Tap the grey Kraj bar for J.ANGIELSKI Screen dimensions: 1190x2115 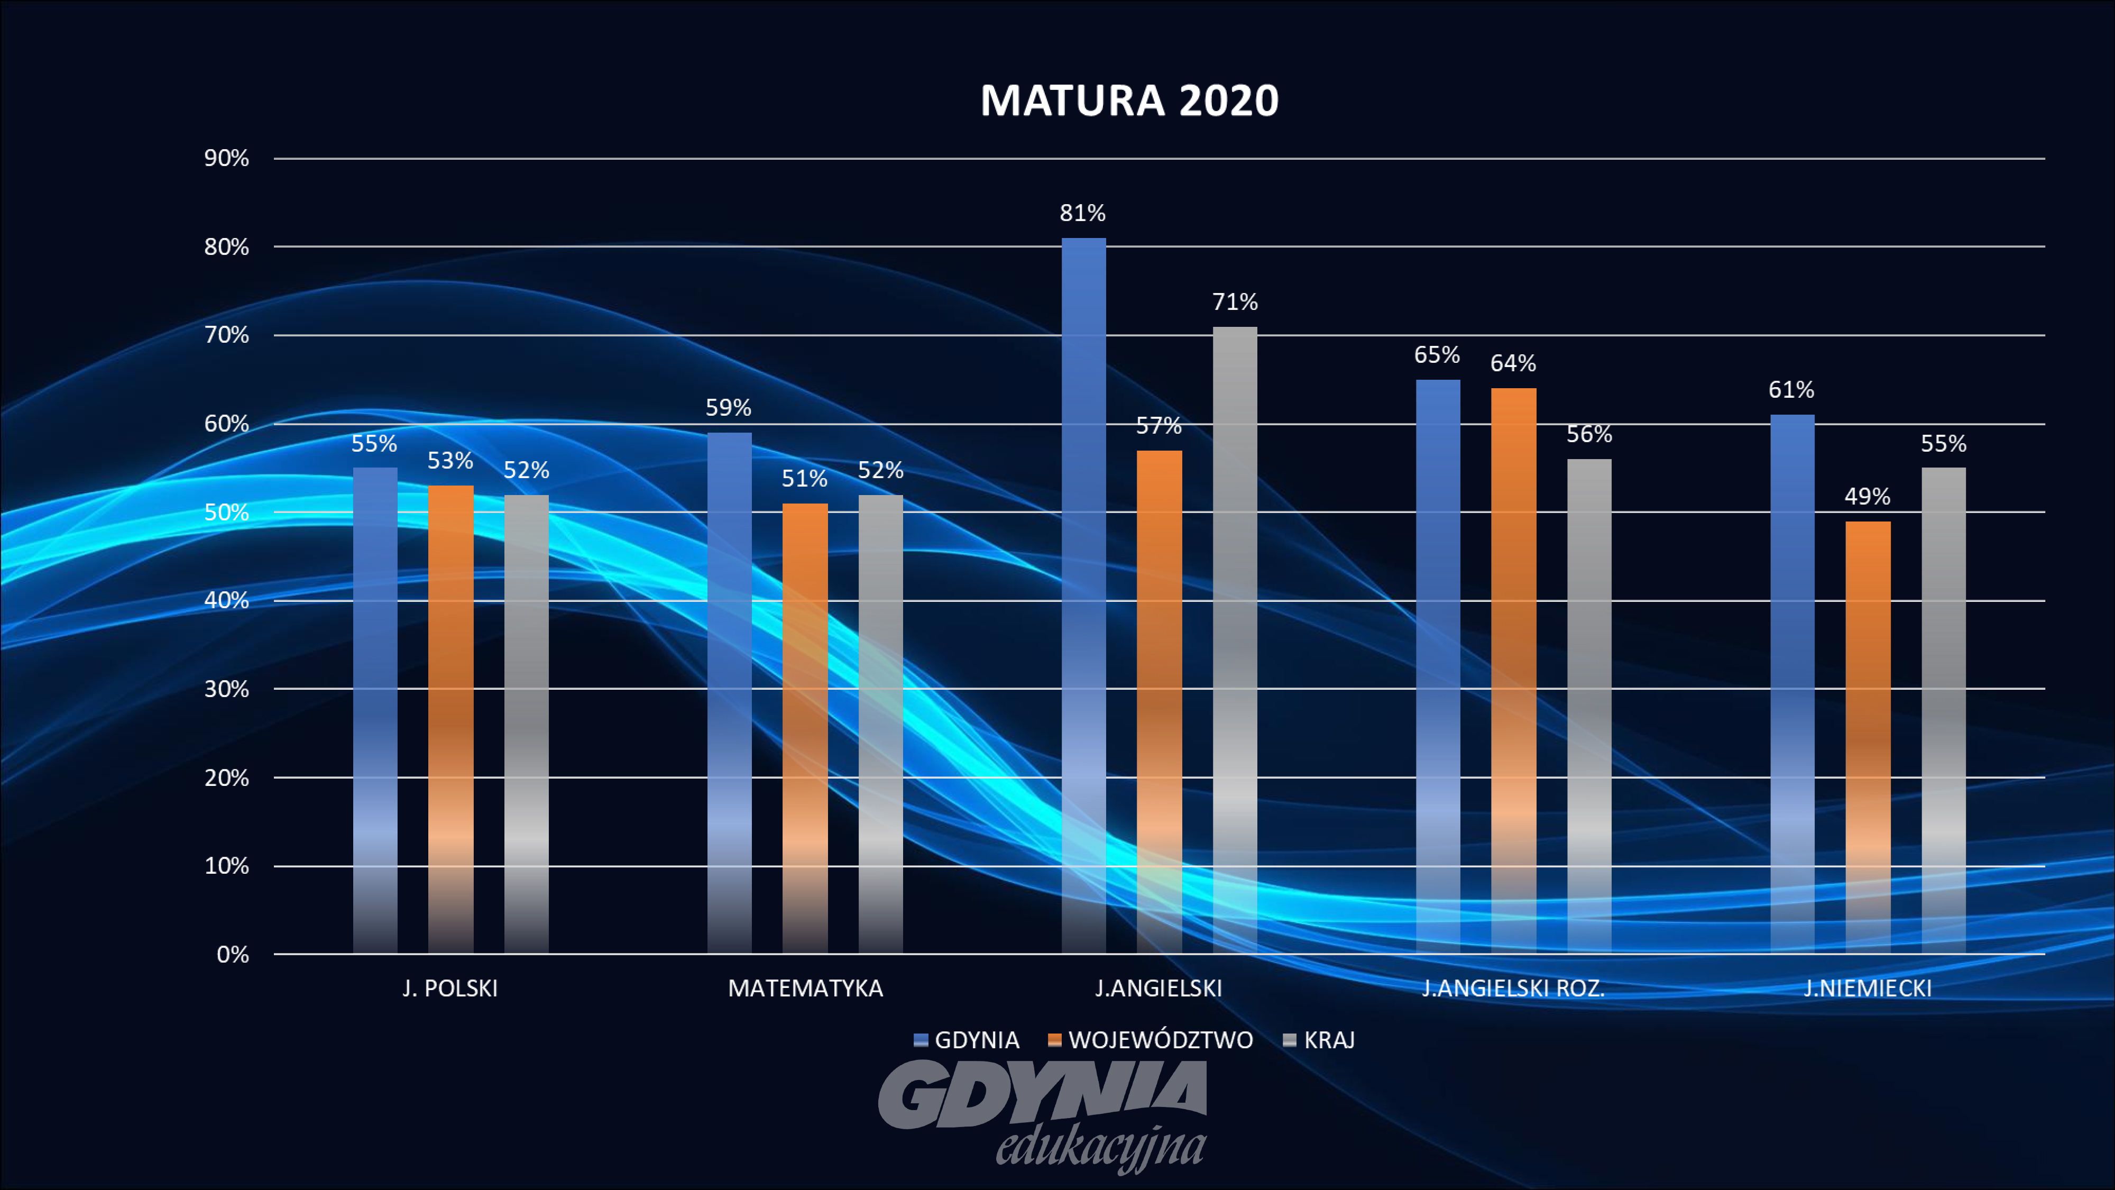1235,640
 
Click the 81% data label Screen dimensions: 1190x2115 1082,214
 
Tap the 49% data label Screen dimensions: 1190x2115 1867,497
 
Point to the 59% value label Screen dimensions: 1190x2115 728,408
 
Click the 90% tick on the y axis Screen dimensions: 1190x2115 227,159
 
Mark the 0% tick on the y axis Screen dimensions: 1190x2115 232,954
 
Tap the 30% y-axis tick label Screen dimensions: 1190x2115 227,689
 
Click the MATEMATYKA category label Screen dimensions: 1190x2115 805,988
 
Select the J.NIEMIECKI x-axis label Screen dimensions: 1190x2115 1867,988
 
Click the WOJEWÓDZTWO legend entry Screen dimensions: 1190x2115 1160,1040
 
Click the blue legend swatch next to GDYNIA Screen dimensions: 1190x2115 921,1040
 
